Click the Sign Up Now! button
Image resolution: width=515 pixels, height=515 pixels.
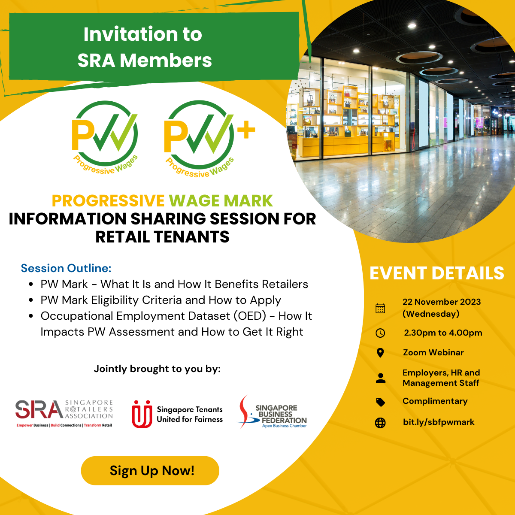click(x=150, y=470)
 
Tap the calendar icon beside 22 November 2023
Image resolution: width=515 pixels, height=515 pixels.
click(x=380, y=309)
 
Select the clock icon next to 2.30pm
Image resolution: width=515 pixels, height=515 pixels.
click(x=380, y=333)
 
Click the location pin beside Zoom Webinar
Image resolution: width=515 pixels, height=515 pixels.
click(x=380, y=353)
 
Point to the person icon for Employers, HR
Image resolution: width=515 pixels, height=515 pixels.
click(x=380, y=378)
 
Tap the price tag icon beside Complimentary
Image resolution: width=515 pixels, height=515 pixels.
click(x=380, y=402)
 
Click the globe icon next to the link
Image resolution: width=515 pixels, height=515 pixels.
click(x=380, y=423)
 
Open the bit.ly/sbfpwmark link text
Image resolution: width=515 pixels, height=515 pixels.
click(x=439, y=422)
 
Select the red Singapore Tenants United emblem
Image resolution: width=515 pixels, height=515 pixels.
click(x=142, y=414)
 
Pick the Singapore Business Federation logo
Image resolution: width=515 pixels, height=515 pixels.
click(x=273, y=412)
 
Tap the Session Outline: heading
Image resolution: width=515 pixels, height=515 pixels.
click(x=66, y=268)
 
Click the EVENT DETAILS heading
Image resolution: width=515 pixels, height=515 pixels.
click(x=437, y=273)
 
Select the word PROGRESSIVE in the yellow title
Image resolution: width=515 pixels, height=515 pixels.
click(x=108, y=201)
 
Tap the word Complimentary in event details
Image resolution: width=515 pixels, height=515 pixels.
click(x=435, y=401)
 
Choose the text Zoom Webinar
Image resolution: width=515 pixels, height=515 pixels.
click(x=433, y=352)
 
